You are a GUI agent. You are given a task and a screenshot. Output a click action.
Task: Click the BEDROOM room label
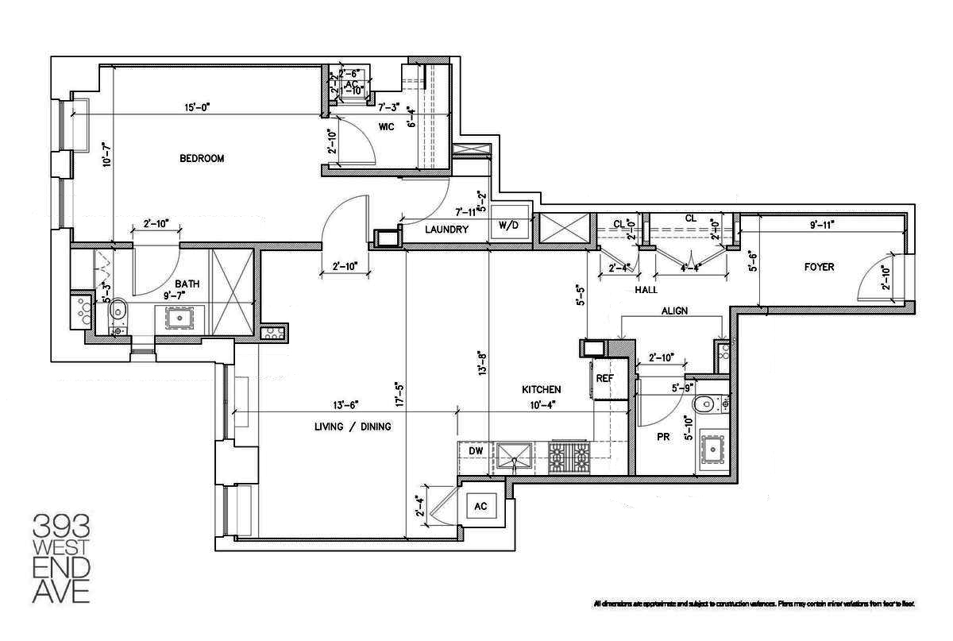[202, 158]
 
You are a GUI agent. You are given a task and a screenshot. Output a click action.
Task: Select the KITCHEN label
[542, 389]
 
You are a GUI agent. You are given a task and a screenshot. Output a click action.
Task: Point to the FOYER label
[819, 267]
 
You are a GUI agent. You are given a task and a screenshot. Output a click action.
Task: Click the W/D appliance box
[508, 226]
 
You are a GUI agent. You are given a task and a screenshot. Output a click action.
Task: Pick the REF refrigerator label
[605, 379]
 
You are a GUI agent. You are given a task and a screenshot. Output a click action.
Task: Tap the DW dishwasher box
[476, 451]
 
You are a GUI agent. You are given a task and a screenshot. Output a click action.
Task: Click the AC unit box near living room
[480, 506]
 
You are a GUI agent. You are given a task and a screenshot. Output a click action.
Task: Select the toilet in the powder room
[704, 405]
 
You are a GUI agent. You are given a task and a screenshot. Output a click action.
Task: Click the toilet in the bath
[116, 309]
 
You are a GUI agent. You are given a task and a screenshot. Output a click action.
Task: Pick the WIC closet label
[387, 126]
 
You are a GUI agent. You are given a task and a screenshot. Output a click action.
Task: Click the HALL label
[646, 290]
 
